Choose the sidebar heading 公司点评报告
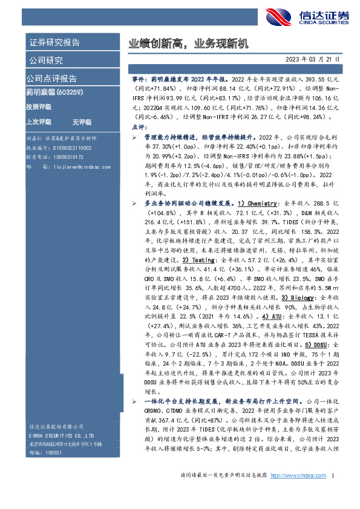(x=51, y=79)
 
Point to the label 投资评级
(x=39, y=106)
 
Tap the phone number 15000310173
(x=67, y=156)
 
